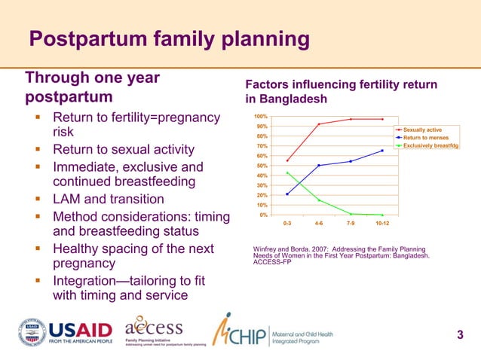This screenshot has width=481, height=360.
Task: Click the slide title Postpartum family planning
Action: pyautogui.click(x=169, y=38)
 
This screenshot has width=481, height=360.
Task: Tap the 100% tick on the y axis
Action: pyautogui.click(x=261, y=117)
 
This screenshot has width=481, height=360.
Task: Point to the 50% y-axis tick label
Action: pyautogui.click(x=262, y=166)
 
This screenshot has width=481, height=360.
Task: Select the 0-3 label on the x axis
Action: pyautogui.click(x=287, y=224)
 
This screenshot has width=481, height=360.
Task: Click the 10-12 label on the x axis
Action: pyautogui.click(x=382, y=224)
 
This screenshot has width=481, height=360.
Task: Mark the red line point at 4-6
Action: pyautogui.click(x=319, y=124)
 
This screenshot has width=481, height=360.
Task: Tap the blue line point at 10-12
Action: pyautogui.click(x=382, y=151)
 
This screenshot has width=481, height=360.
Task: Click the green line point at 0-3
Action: pyautogui.click(x=287, y=173)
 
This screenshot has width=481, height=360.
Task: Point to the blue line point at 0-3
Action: pyautogui.click(x=287, y=194)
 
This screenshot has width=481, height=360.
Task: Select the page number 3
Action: pyautogui.click(x=461, y=334)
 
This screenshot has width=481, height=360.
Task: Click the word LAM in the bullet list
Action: pyautogui.click(x=67, y=200)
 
